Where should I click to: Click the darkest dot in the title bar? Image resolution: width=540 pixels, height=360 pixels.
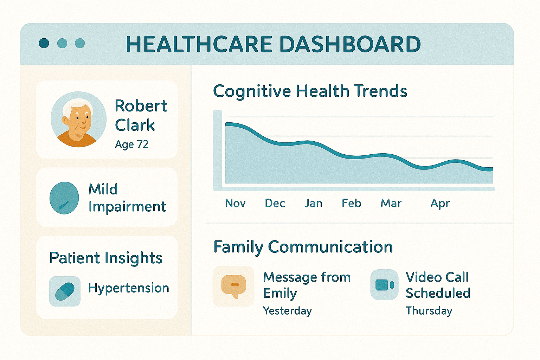click(44, 43)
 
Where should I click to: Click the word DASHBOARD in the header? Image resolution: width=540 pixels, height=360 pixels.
click(350, 44)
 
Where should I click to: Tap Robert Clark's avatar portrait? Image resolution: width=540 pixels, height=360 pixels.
click(79, 120)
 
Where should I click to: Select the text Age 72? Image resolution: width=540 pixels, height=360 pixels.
click(131, 144)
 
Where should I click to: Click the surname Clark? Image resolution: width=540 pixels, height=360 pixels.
click(135, 125)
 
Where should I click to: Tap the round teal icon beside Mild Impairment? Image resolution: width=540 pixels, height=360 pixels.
click(64, 198)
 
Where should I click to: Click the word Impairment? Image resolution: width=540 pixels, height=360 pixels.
click(127, 207)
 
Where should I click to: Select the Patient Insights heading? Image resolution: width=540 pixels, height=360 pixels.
click(106, 258)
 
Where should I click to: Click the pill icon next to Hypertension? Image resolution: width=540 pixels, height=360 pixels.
click(65, 291)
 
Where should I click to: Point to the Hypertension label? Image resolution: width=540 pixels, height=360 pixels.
click(129, 288)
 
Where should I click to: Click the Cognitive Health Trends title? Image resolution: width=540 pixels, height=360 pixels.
click(310, 91)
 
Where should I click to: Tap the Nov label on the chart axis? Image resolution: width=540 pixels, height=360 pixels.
click(235, 203)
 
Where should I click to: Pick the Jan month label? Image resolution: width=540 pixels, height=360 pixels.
click(313, 203)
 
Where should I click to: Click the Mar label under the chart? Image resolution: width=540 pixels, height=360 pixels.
click(391, 203)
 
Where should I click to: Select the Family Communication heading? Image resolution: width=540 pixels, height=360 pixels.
click(303, 247)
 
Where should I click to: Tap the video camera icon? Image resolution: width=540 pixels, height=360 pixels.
click(385, 285)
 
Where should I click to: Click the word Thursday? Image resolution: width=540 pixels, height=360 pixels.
click(429, 311)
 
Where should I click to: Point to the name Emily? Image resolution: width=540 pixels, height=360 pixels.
click(280, 294)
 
